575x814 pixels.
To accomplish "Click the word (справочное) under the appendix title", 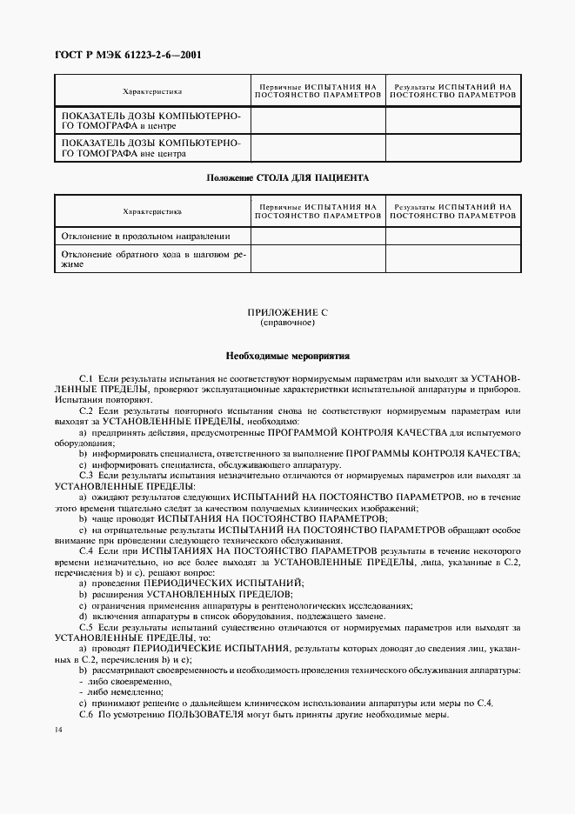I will [x=287, y=323].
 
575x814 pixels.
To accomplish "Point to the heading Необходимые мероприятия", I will [x=287, y=356].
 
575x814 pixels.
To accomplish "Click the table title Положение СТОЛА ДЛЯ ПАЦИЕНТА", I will [x=287, y=177].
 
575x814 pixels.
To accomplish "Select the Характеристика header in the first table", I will [x=152, y=90].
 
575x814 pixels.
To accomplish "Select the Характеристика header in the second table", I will [x=152, y=210].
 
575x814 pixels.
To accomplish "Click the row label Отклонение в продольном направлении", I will [x=145, y=236].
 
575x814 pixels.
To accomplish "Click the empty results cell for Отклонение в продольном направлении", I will [x=452, y=236].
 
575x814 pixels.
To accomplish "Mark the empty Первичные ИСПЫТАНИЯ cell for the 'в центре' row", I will [x=318, y=120].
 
